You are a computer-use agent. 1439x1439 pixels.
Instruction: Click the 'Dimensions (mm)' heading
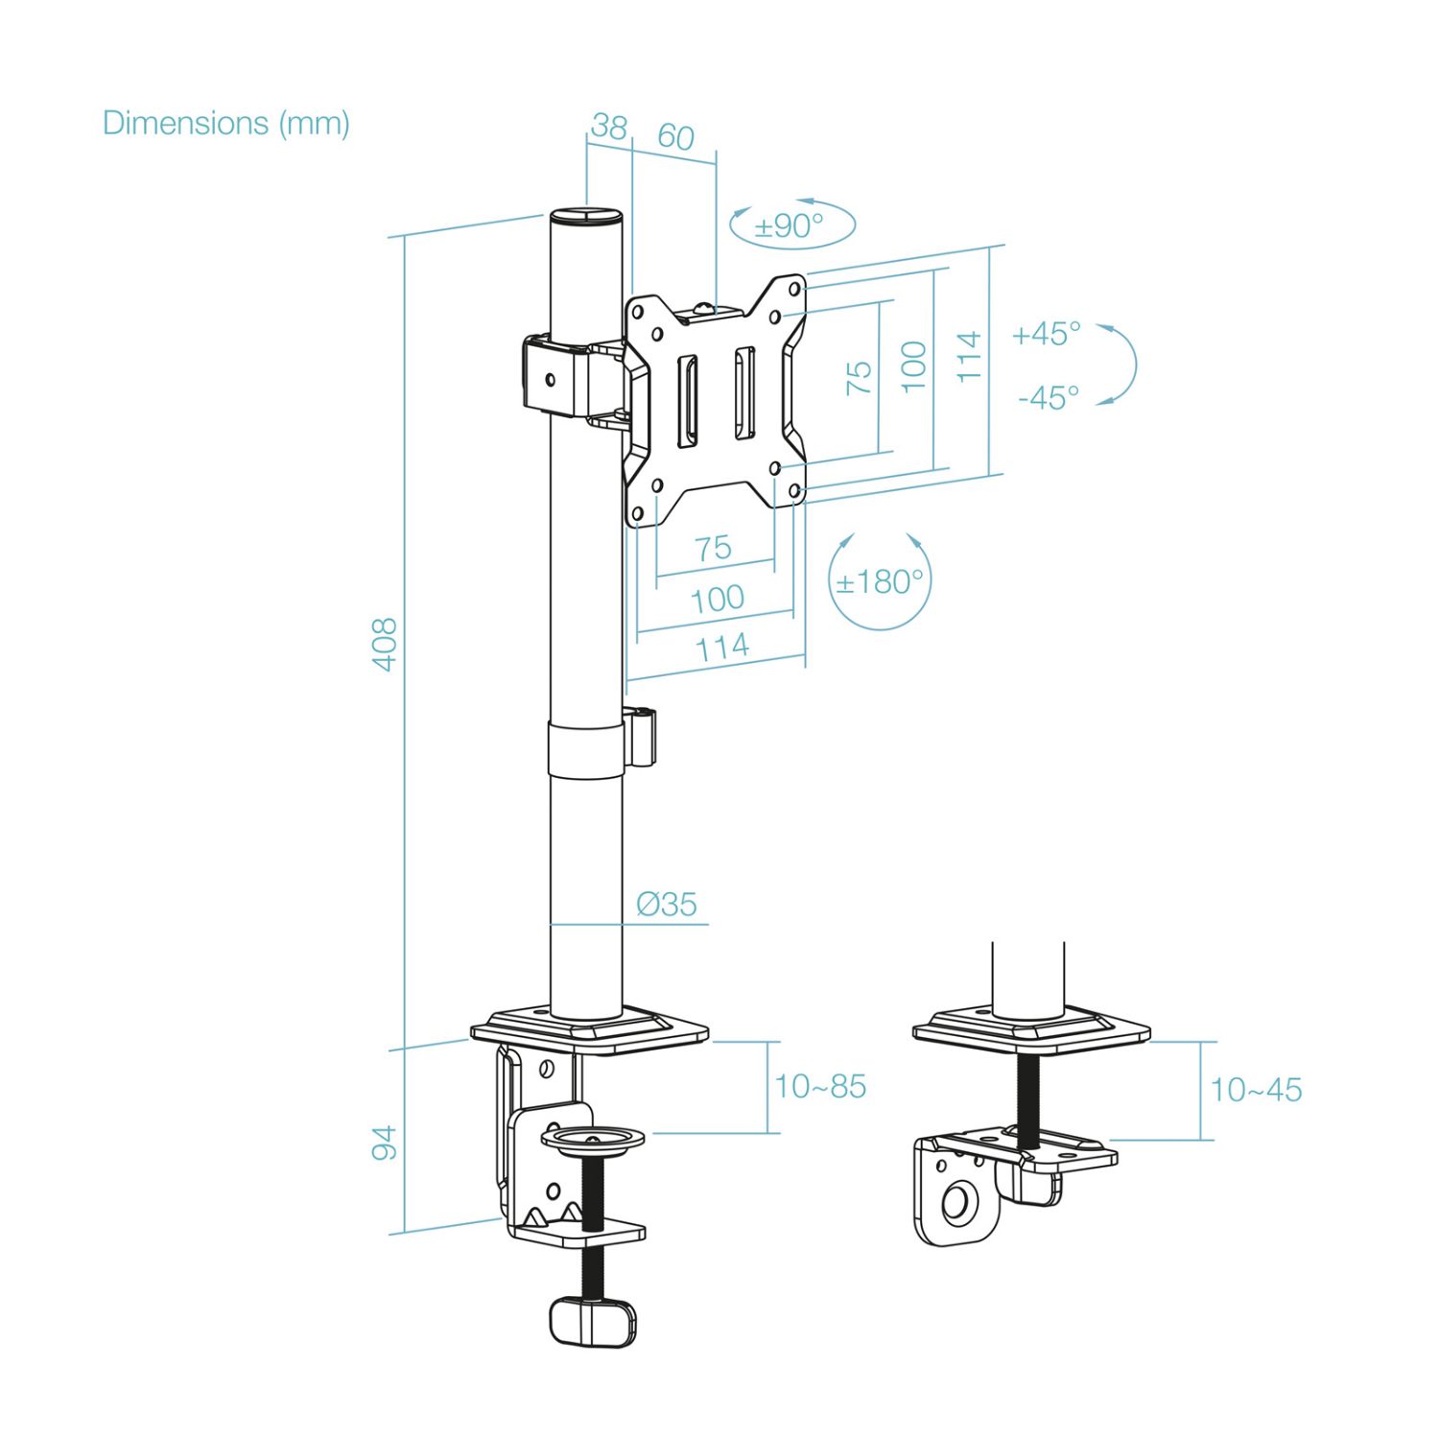225,124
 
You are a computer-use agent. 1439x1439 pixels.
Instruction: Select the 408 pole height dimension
385,645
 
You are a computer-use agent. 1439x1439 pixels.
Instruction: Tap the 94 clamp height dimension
385,1143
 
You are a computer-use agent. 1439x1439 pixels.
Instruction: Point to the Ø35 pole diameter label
667,904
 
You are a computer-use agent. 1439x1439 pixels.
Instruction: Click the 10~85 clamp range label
820,1087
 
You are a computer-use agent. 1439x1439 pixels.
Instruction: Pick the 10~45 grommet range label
1256,1090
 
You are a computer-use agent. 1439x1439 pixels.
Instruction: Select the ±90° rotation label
789,226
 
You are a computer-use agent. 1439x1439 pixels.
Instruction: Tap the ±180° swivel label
879,582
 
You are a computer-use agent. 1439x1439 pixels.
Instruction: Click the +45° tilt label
1046,334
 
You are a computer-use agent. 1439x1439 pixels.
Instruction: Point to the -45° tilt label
1049,396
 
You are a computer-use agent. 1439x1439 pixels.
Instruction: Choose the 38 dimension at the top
608,127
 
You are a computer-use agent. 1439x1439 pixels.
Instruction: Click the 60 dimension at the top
675,137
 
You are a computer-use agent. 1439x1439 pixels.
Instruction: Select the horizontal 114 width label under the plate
721,648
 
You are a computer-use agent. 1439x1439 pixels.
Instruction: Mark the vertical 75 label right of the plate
860,378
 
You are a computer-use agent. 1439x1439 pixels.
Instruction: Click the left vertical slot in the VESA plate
688,402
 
